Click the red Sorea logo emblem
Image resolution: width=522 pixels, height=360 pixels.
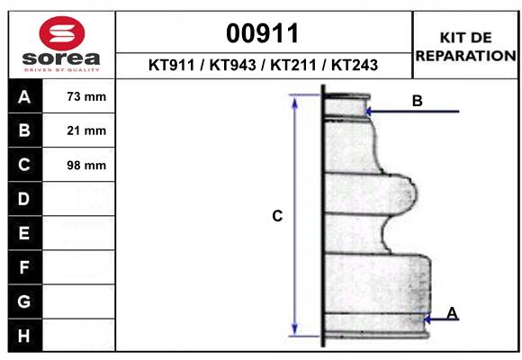coord(60,34)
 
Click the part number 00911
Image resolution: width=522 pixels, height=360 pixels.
coord(264,33)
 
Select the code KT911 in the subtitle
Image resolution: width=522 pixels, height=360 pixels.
coord(174,66)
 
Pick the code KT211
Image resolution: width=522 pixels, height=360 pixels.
coord(292,66)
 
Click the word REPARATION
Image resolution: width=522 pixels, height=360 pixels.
coord(465,55)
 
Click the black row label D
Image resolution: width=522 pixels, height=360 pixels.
coord(24,199)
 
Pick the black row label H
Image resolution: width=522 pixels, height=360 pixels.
coord(24,336)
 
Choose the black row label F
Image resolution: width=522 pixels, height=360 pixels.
coord(24,267)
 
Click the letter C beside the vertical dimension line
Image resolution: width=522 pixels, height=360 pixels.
coord(277,216)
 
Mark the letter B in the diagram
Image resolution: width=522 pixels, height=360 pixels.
coord(417,101)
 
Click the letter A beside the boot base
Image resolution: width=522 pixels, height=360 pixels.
coord(452,312)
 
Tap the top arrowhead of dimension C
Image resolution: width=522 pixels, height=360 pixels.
coord(294,100)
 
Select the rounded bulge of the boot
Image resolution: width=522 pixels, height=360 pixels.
coord(405,193)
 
